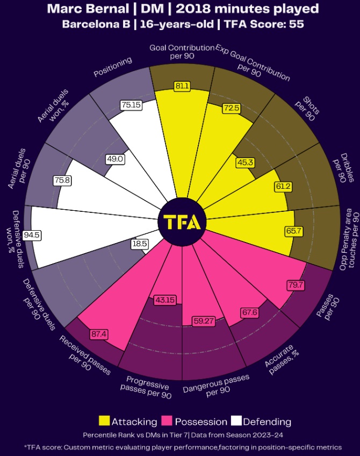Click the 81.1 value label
click(182, 86)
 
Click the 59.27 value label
click(204, 322)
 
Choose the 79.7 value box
click(296, 284)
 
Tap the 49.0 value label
click(115, 159)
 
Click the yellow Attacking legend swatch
click(104, 422)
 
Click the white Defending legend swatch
click(236, 422)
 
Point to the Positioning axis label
click(113, 67)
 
